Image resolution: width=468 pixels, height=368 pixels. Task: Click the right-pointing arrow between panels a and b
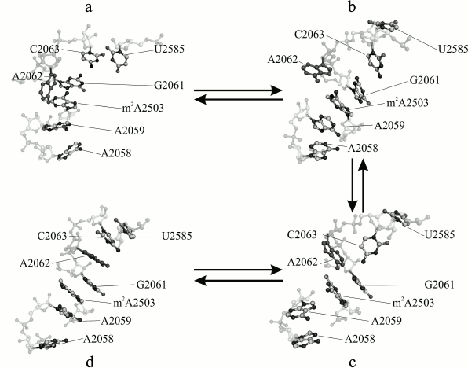[236, 90]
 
